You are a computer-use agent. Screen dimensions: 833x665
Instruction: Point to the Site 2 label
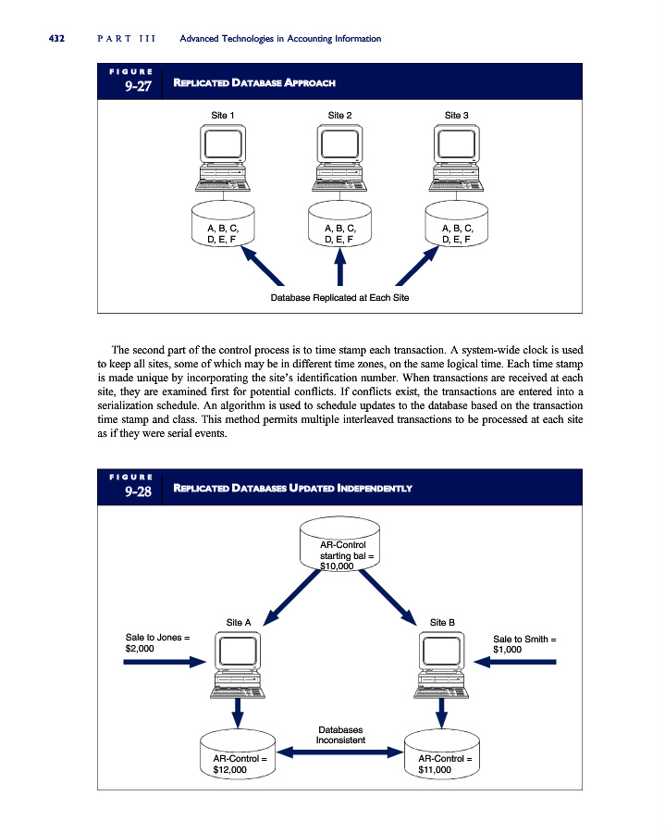[x=339, y=116]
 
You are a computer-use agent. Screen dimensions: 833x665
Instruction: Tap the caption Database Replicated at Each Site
[x=339, y=298]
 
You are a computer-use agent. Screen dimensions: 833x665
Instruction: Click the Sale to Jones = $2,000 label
[x=157, y=643]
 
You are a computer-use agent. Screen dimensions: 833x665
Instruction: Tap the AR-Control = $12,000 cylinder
[x=239, y=755]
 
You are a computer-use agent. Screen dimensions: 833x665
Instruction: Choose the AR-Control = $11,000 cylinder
[x=441, y=755]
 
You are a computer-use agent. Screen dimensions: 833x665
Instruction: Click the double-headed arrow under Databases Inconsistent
[x=339, y=754]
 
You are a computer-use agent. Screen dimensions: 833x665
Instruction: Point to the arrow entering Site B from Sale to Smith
[x=514, y=662]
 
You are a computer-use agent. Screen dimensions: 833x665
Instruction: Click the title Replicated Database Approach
[x=254, y=83]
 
